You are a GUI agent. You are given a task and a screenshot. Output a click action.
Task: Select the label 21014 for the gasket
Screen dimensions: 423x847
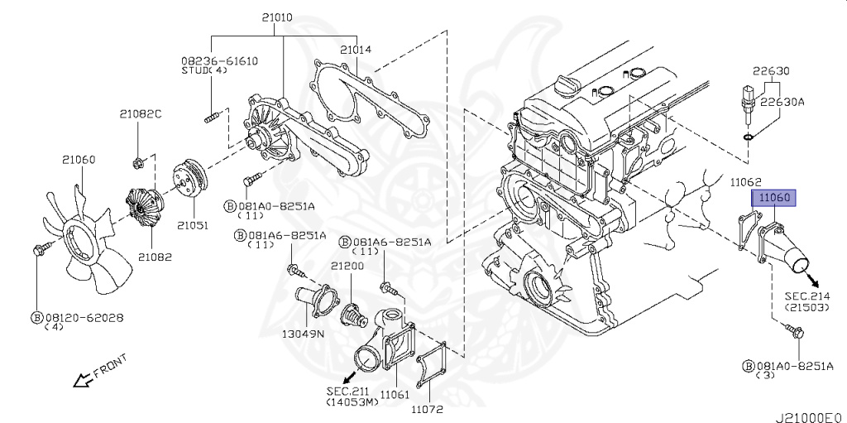(x=356, y=50)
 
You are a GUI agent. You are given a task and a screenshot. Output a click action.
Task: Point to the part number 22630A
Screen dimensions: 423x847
(x=782, y=102)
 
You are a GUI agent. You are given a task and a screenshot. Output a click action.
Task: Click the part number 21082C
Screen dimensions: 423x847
(x=140, y=114)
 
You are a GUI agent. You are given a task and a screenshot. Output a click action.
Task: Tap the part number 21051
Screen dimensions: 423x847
(x=190, y=225)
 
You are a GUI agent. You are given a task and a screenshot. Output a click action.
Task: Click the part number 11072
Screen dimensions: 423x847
(x=428, y=409)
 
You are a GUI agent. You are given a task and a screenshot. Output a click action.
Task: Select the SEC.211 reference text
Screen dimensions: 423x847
(x=347, y=391)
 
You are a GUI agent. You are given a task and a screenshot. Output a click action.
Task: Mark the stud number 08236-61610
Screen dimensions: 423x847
(x=220, y=60)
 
